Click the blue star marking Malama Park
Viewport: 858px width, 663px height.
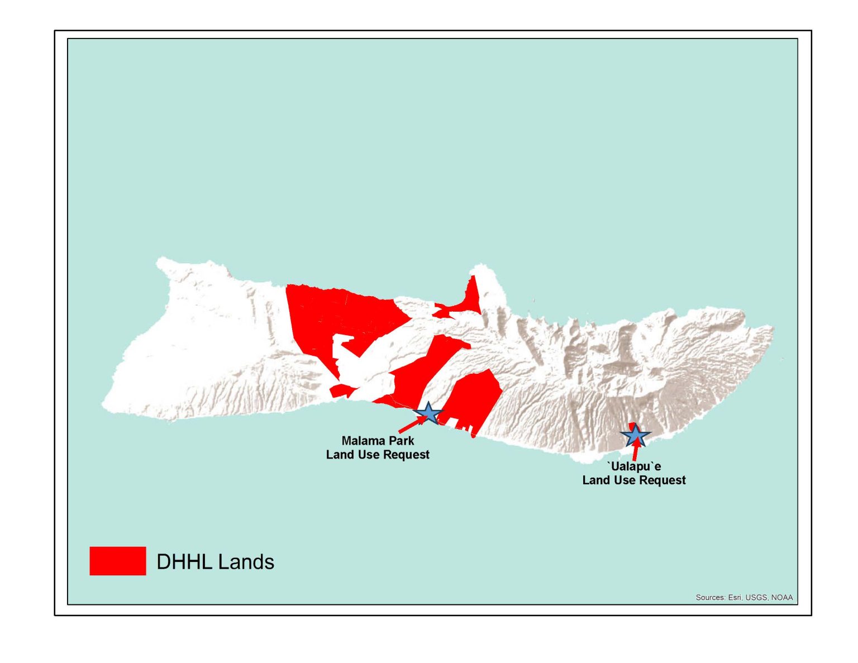[428, 413]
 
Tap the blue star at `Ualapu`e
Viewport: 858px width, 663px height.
[635, 436]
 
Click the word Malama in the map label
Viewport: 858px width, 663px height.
[360, 441]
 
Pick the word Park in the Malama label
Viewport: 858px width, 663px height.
[402, 441]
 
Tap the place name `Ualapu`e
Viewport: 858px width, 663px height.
[633, 466]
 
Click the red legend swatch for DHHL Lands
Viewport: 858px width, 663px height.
[117, 561]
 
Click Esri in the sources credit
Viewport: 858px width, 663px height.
[735, 597]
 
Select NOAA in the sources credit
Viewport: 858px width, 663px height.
[781, 597]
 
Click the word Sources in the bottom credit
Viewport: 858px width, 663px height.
[709, 597]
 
